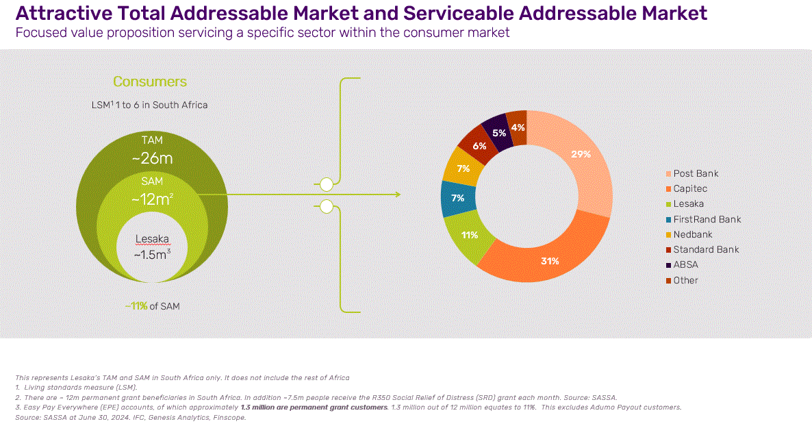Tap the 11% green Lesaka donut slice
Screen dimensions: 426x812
tap(470, 236)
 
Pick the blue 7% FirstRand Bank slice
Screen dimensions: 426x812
tap(457, 198)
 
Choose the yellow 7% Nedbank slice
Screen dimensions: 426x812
tap(464, 168)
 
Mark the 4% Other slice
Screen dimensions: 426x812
tap(518, 127)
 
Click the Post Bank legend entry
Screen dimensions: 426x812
tap(696, 174)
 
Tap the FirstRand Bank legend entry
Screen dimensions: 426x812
tap(707, 219)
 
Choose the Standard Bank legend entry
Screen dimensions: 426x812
tap(706, 249)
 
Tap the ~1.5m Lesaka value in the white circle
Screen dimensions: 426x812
tap(151, 254)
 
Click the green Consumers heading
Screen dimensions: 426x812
tap(149, 82)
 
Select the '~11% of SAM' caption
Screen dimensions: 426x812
tap(152, 306)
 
